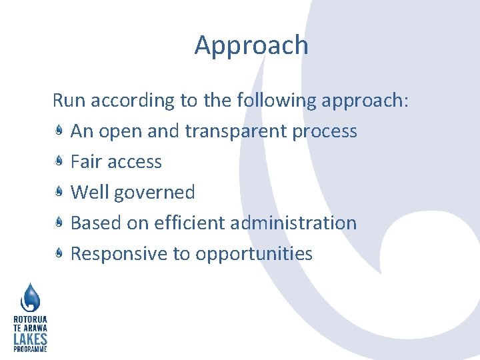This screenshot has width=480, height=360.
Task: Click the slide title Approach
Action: [x=251, y=45]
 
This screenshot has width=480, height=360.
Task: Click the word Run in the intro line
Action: [x=69, y=101]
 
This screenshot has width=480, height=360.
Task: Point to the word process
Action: [x=325, y=131]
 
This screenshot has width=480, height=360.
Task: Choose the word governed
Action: [x=155, y=193]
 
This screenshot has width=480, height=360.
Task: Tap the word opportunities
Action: [x=254, y=254]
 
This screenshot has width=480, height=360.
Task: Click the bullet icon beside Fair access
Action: [x=59, y=162]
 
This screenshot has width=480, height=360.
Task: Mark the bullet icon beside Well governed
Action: [x=59, y=193]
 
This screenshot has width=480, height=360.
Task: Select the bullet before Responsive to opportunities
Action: [x=59, y=253]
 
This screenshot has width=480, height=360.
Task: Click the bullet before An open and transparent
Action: [x=59, y=131]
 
